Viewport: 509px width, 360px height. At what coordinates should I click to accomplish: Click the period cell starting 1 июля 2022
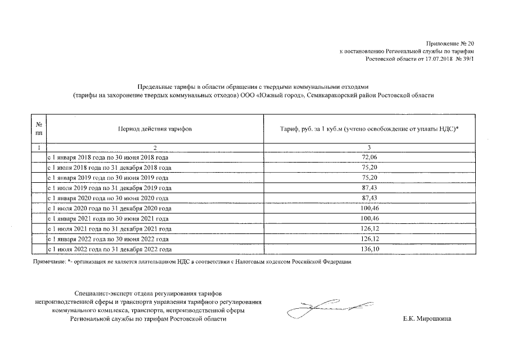pyautogui.click(x=109, y=249)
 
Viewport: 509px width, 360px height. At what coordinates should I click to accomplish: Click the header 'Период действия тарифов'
pyautogui.click(x=155, y=129)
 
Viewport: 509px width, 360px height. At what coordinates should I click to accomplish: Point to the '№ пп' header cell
pyautogui.click(x=38, y=129)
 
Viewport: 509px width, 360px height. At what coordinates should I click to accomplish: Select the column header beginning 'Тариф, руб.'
pyautogui.click(x=369, y=129)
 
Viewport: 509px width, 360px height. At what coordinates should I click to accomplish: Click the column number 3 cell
pyautogui.click(x=369, y=147)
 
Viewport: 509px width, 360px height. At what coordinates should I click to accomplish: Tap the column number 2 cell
pyautogui.click(x=155, y=147)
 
